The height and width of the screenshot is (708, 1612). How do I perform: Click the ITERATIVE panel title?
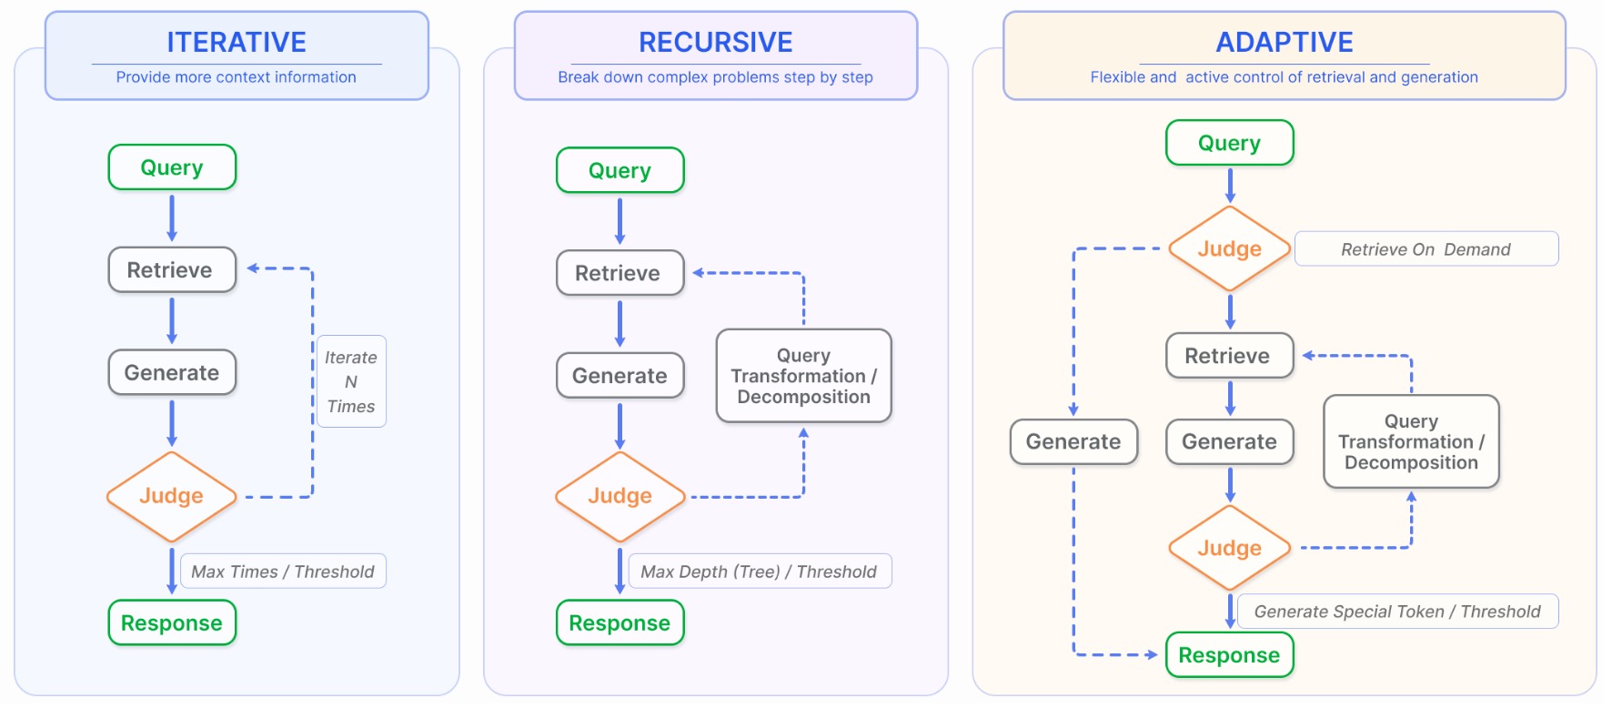pos(237,42)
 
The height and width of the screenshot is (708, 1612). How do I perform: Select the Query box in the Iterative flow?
pos(172,167)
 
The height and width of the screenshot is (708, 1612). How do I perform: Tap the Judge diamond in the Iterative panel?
pos(171,496)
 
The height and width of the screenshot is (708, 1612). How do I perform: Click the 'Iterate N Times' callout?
pos(351,381)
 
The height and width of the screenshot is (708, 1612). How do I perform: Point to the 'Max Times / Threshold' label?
pos(283,571)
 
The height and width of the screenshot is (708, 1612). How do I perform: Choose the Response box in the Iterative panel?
pos(172,623)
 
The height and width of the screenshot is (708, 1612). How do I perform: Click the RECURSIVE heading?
pos(715,42)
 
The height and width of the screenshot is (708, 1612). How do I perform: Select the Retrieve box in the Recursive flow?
pos(620,273)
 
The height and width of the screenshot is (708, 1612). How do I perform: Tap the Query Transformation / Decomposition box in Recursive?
pos(803,376)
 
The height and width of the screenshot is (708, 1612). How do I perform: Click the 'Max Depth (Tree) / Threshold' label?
pos(759,571)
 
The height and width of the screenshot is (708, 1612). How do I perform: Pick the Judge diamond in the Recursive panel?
pos(620,496)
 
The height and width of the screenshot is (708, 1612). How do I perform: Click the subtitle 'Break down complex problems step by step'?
pos(715,77)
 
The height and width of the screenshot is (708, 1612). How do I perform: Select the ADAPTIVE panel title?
pos(1284,42)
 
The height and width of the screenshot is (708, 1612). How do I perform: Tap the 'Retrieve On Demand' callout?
pos(1426,249)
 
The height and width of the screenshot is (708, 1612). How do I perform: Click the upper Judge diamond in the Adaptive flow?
pos(1229,249)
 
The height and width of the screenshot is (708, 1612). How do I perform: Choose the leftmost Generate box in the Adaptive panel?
pos(1073,442)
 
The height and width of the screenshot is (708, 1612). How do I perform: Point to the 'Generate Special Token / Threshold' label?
pos(1397,612)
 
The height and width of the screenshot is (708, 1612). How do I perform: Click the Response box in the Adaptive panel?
pos(1229,655)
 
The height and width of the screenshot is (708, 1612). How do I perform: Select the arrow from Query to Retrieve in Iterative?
pos(172,218)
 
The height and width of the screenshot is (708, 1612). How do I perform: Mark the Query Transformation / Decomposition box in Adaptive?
pos(1411,442)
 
